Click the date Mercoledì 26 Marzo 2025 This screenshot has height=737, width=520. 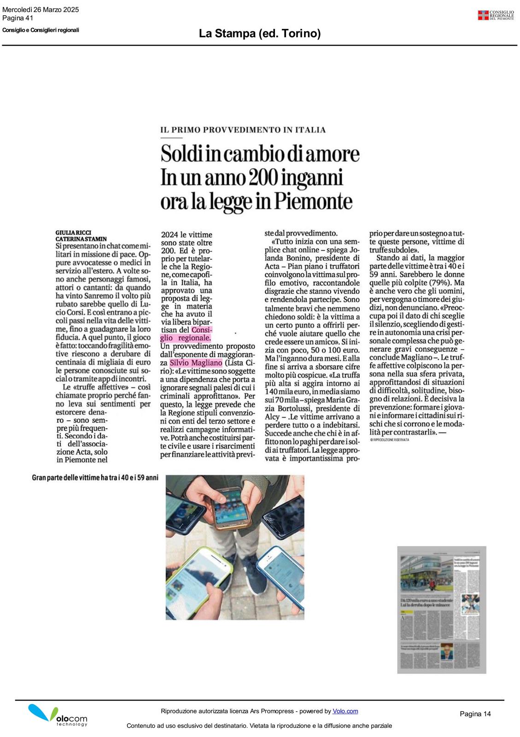point(41,10)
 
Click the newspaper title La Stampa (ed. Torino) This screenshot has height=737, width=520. point(260,34)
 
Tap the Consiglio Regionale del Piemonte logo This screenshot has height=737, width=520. point(496,15)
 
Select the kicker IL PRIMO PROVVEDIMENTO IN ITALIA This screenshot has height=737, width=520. point(243,130)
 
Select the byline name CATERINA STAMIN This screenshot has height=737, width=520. point(81,239)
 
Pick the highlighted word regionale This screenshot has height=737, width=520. point(194,338)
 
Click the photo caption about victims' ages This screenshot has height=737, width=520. point(95,478)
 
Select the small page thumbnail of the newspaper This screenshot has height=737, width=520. point(441,609)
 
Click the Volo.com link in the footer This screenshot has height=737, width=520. point(345,711)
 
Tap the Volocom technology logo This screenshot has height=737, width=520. point(57,716)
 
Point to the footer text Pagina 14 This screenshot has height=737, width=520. point(475,714)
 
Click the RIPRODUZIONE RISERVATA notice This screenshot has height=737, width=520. point(390,440)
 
